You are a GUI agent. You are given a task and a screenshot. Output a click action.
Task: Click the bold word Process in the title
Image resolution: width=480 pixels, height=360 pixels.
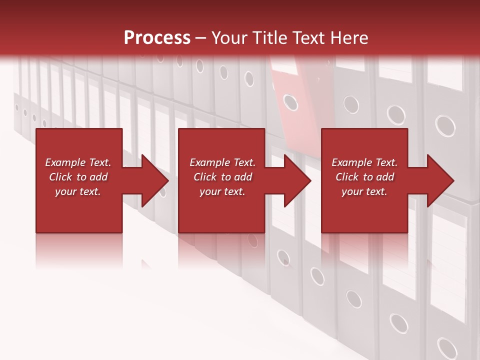pyautogui.click(x=157, y=38)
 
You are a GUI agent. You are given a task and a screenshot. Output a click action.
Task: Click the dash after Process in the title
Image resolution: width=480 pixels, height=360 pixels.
pyautogui.click(x=201, y=38)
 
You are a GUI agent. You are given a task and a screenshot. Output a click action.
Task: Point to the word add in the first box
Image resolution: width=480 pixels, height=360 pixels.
pyautogui.click(x=98, y=177)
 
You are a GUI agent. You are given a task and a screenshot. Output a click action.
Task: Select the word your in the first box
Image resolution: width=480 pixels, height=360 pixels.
pyautogui.click(x=65, y=191)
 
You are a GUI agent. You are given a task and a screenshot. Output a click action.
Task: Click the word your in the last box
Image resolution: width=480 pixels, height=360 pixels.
pyautogui.click(x=352, y=191)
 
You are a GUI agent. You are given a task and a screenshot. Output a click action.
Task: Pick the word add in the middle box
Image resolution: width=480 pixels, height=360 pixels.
pyautogui.click(x=242, y=177)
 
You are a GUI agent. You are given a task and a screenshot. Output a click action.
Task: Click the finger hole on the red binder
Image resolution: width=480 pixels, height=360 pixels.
pyautogui.click(x=290, y=102)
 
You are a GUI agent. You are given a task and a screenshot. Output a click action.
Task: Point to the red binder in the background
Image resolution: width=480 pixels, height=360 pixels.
pyautogui.click(x=292, y=85)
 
